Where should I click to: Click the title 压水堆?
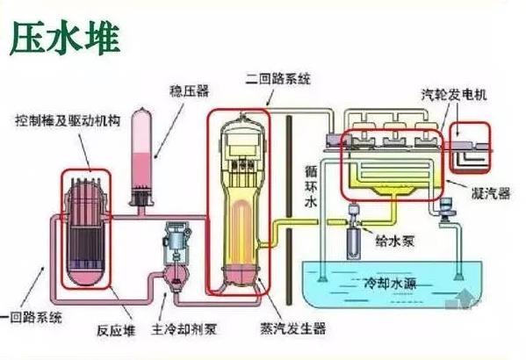65,38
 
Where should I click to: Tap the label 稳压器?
189,91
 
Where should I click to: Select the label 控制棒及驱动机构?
68,120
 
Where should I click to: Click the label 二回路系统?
278,78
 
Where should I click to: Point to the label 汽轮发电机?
454,95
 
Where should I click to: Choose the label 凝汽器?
491,193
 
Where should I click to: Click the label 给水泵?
395,241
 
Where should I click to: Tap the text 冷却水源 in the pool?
390,284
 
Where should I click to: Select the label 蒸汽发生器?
292,328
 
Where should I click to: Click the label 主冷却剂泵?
184,328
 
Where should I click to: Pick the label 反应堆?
116,330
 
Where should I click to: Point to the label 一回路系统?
32,317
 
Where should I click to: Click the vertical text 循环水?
311,186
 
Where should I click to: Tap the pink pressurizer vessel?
141,156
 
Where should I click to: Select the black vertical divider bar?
289,209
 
